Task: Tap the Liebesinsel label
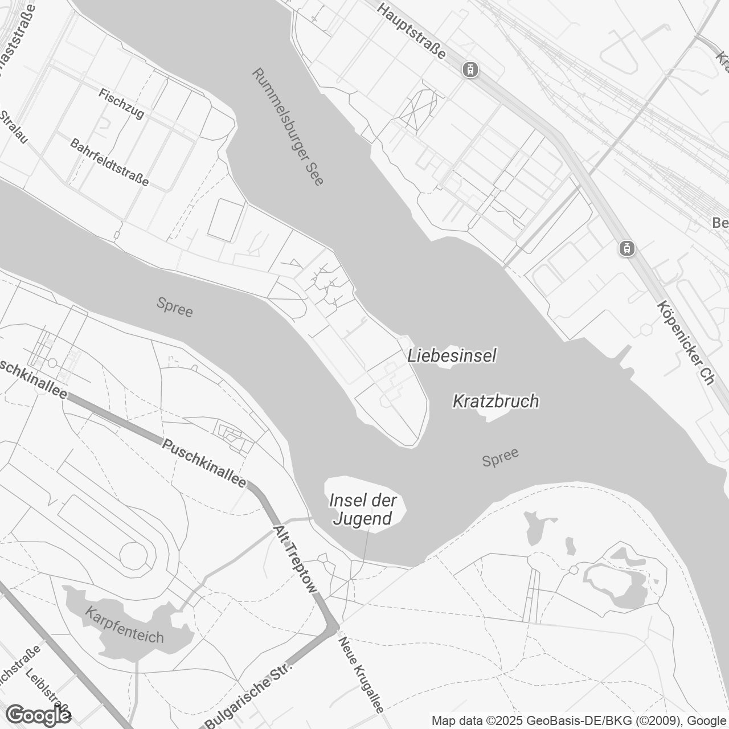tap(452, 356)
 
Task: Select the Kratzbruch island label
tap(495, 401)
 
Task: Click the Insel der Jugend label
tap(363, 510)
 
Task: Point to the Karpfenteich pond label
tap(124, 625)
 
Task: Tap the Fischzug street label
tap(121, 103)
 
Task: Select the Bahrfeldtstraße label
tap(109, 162)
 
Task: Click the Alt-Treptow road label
tap(294, 559)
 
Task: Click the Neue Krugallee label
tap(361, 674)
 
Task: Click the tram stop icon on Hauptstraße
tap(470, 69)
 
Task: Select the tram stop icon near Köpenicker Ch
tap(626, 248)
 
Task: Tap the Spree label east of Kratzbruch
tap(500, 457)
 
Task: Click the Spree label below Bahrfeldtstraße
tap(175, 308)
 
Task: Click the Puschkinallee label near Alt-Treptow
tap(204, 463)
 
